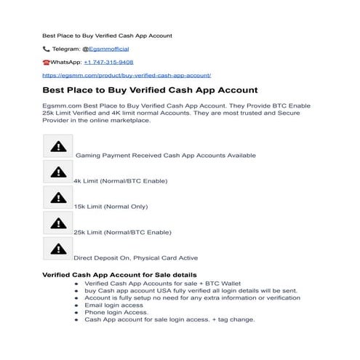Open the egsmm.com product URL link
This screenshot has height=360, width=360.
[x=127, y=74]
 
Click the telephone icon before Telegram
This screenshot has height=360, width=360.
[x=47, y=49]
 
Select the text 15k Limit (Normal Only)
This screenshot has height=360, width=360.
[x=109, y=207]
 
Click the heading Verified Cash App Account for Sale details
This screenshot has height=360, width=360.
[x=119, y=274]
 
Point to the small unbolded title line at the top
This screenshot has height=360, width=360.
[x=107, y=35]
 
